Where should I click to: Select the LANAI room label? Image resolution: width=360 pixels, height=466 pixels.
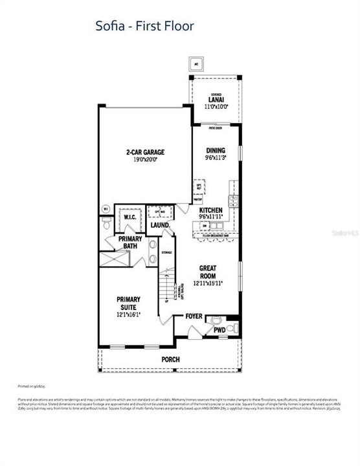coord(215,100)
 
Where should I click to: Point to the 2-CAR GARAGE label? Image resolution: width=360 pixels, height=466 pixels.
coord(145,152)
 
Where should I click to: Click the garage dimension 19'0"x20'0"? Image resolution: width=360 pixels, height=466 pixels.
coord(145,160)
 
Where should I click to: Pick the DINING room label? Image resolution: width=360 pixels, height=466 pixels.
coord(216,150)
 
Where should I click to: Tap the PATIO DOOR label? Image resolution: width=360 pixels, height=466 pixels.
coord(215,128)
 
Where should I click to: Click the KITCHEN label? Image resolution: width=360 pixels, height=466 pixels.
coord(210,210)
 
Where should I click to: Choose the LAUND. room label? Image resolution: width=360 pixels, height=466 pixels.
coord(159,226)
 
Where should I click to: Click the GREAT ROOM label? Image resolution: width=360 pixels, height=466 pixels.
coord(208,271)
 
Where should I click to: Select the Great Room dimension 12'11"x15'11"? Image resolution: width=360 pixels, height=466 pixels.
coord(208,283)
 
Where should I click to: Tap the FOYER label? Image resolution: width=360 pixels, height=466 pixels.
coord(194,317)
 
